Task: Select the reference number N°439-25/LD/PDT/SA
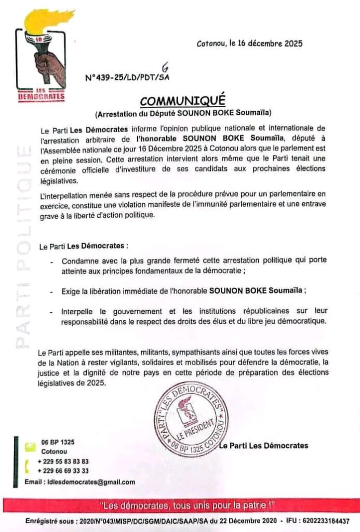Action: coord(127,77)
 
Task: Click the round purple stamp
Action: coord(191,419)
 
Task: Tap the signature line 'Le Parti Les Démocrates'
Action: coord(263,446)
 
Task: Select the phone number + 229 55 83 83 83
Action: coord(63,461)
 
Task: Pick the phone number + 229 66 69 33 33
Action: coord(63,471)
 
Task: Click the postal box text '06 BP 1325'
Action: coord(58,442)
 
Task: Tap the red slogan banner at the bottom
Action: coord(180,506)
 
